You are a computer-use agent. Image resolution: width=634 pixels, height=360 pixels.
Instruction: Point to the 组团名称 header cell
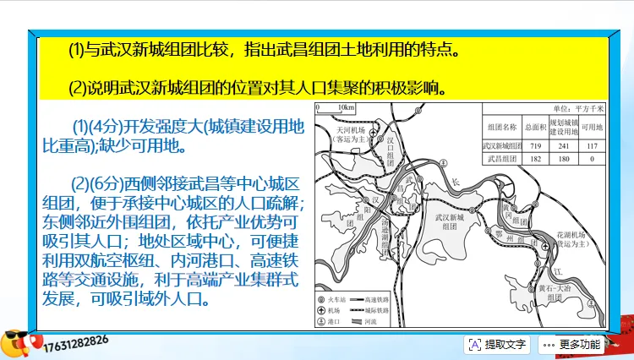click(502, 128)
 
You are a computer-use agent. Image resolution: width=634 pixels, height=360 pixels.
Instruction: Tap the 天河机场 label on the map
click(349, 133)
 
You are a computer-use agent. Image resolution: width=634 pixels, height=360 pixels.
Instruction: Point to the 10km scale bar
click(336, 108)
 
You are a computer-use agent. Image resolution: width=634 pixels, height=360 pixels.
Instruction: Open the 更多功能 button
click(571, 344)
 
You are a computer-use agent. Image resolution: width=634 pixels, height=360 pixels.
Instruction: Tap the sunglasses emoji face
click(14, 341)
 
